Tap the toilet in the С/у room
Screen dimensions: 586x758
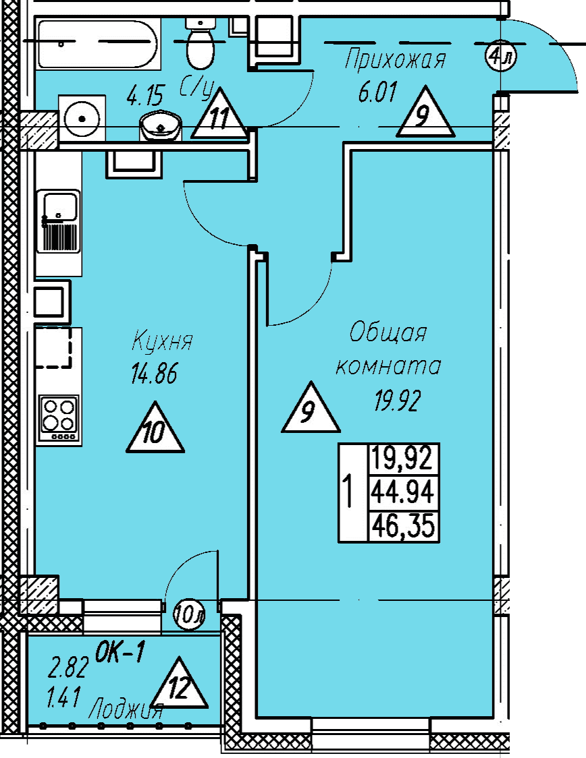tap(201, 44)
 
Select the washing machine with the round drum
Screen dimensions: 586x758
tap(82, 118)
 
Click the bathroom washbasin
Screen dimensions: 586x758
tap(161, 125)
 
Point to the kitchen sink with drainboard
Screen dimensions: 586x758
tap(59, 221)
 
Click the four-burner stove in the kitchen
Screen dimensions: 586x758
tap(59, 418)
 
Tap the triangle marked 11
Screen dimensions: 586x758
tap(219, 113)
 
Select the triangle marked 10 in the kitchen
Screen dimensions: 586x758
tap(155, 428)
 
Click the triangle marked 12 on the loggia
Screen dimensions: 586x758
tap(179, 684)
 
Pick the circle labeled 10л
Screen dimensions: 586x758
tap(190, 614)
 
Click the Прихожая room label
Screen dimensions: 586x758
tap(396, 60)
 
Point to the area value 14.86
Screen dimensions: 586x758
tap(154, 374)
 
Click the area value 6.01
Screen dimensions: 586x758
tap(377, 92)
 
